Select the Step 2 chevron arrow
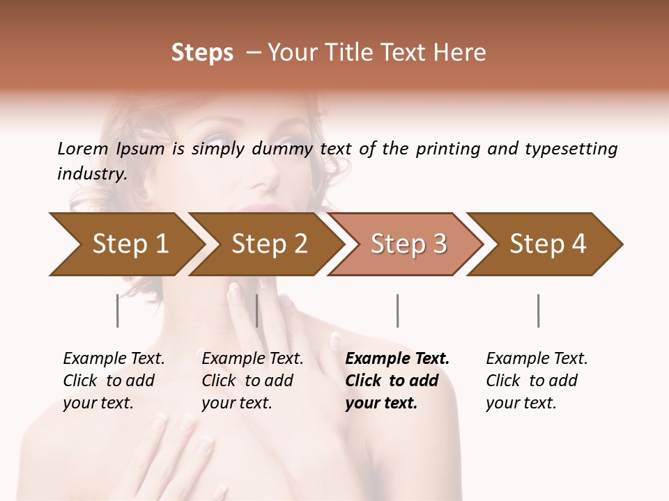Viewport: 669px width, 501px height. [x=268, y=244]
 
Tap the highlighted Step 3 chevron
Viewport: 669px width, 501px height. [x=408, y=244]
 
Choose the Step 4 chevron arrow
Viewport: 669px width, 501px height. [x=547, y=244]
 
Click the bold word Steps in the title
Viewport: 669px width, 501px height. [x=202, y=53]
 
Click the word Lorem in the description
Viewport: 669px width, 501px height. [x=83, y=148]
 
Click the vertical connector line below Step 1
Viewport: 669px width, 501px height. [x=117, y=310]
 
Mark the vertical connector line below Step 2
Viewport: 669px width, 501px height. [x=257, y=310]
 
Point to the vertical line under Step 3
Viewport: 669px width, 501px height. [x=397, y=310]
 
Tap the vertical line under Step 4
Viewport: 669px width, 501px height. [x=538, y=310]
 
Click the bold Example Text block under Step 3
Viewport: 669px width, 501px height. [x=397, y=381]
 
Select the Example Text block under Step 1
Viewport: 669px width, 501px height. [x=114, y=381]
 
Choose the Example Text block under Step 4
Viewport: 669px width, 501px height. [x=537, y=381]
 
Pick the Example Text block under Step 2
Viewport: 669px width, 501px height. [x=252, y=381]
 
